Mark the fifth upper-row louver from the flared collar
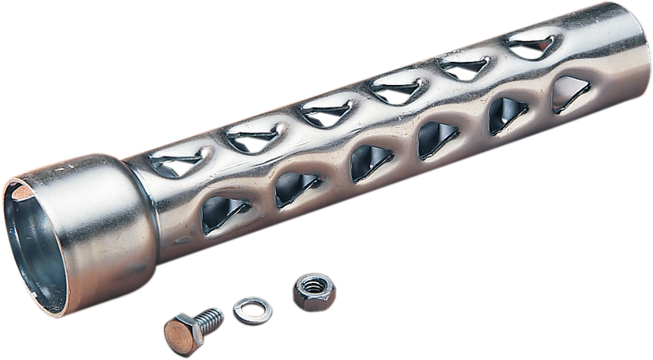(x=462, y=64)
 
